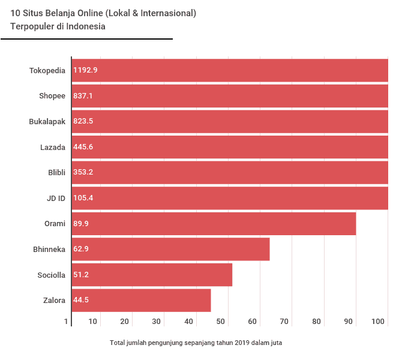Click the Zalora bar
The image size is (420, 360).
pyautogui.click(x=141, y=300)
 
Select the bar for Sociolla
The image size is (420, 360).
pyautogui.click(x=152, y=275)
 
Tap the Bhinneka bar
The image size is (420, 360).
pyautogui.click(x=170, y=249)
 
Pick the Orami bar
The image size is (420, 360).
pyautogui.click(x=214, y=224)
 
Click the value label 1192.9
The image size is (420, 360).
pyautogui.click(x=85, y=70)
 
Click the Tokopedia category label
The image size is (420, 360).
pyautogui.click(x=47, y=70)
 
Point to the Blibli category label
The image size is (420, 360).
pyautogui.click(x=56, y=172)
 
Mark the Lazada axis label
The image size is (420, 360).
pyautogui.click(x=52, y=147)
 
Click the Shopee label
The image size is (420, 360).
pyautogui.click(x=52, y=96)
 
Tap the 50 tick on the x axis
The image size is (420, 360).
pyautogui.click(x=221, y=322)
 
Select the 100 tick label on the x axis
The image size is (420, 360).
pyautogui.click(x=378, y=322)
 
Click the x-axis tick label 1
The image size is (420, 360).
pyautogui.click(x=67, y=322)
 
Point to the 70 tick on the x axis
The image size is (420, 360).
pyautogui.click(x=284, y=322)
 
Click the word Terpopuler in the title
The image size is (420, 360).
pyautogui.click(x=32, y=26)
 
